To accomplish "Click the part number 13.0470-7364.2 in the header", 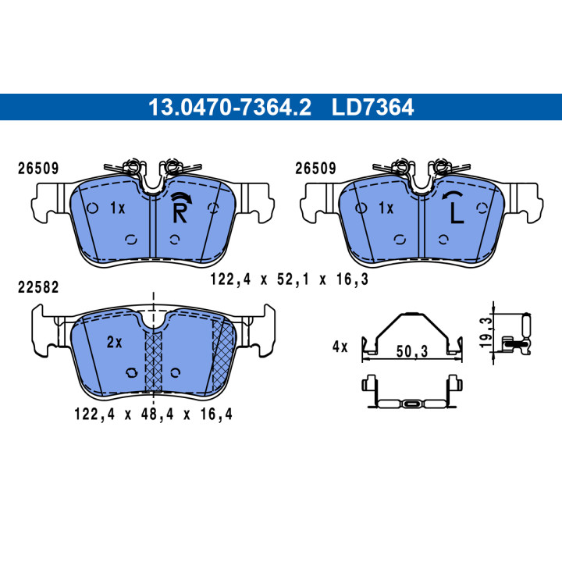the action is coord(229,107).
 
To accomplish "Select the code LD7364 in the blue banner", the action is coord(373,107).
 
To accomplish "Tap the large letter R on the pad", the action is coord(180,213).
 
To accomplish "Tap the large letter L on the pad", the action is coord(457,213).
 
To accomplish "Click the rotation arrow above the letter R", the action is coord(181,196).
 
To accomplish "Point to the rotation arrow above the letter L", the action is coord(453,195).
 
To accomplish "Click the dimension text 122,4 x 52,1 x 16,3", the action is coord(289,279).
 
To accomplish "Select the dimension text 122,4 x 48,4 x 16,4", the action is coord(154,414).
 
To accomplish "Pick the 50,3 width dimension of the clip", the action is coord(412,351).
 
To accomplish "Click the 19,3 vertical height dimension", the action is coord(486,333).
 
